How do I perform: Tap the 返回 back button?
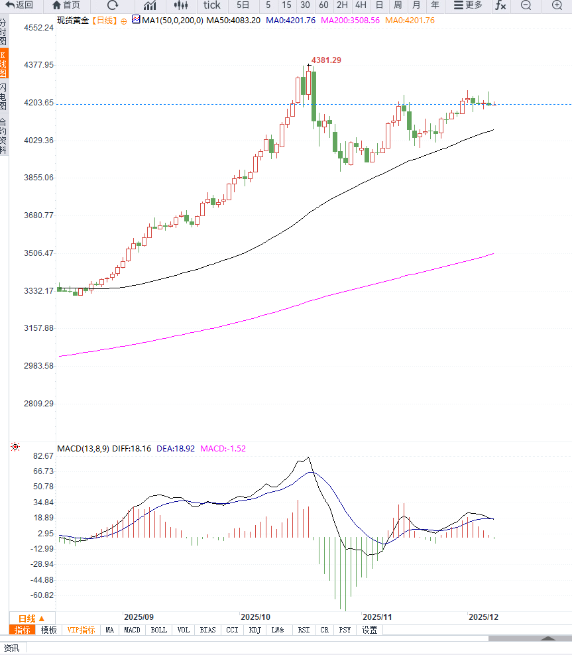point(20,5)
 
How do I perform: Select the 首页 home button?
point(66,5)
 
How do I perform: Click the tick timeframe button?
point(211,5)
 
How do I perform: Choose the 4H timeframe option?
point(361,5)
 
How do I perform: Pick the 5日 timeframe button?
point(243,5)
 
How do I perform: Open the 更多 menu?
point(468,5)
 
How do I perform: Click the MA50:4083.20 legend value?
point(233,21)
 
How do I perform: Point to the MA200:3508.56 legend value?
point(350,21)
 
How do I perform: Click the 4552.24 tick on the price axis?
point(38,28)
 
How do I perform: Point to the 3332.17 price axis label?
point(38,290)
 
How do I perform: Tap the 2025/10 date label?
point(256,617)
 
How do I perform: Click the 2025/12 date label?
point(483,617)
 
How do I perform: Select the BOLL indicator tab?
point(158,630)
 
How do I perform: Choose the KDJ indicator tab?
point(255,630)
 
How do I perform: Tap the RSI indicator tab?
point(304,630)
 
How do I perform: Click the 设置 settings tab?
point(369,630)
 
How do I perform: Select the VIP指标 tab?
point(81,630)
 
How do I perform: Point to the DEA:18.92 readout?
point(176,449)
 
